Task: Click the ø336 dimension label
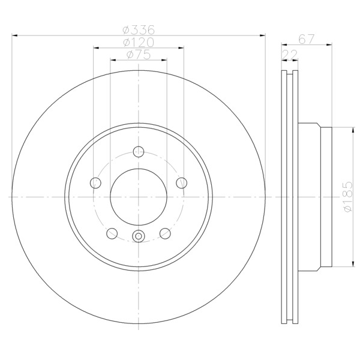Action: point(139,29)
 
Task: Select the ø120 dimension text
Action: point(139,42)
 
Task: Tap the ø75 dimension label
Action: point(139,55)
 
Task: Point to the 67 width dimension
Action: point(306,39)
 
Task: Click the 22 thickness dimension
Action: point(290,55)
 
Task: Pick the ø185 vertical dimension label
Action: point(347,197)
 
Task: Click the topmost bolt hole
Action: point(139,152)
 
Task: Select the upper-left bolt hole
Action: point(95,183)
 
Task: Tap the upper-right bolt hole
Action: point(182,183)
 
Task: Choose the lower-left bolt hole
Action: point(112,233)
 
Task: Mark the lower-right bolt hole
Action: point(165,233)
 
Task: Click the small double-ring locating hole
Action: point(139,236)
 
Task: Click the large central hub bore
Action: point(139,197)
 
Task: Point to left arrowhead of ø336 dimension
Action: point(14,35)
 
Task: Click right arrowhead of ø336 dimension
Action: point(262,35)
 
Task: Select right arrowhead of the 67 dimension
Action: point(329,45)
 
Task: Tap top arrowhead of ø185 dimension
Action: point(352,130)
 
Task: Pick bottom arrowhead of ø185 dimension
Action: point(352,263)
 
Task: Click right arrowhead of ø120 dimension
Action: point(181,48)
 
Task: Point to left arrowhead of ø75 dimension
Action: point(113,60)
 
